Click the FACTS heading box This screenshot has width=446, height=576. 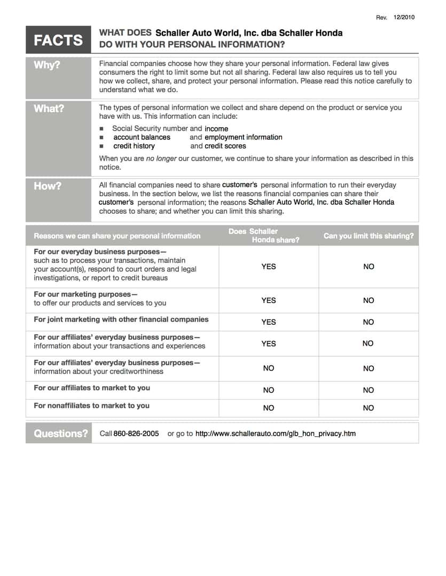tap(58, 40)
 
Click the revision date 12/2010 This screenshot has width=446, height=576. tap(404, 18)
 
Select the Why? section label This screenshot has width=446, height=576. tap(47, 66)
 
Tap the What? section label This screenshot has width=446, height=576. tap(49, 109)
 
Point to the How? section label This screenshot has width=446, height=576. tap(48, 186)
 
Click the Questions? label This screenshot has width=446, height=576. tap(61, 434)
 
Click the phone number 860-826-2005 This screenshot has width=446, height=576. tap(136, 434)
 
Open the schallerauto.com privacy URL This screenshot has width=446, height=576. tap(275, 434)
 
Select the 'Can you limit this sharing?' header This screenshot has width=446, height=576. tap(369, 236)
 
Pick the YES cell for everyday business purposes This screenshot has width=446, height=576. tap(269, 267)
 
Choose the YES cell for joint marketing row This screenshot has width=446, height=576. tap(269, 322)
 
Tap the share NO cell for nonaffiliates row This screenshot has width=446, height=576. tap(269, 408)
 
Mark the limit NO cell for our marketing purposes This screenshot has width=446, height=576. tap(369, 301)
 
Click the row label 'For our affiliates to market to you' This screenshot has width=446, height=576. tap(92, 388)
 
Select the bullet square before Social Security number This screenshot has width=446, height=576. tap(101, 129)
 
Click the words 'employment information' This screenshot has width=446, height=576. tap(244, 138)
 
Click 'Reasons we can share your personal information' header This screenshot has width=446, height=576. tap(117, 236)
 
